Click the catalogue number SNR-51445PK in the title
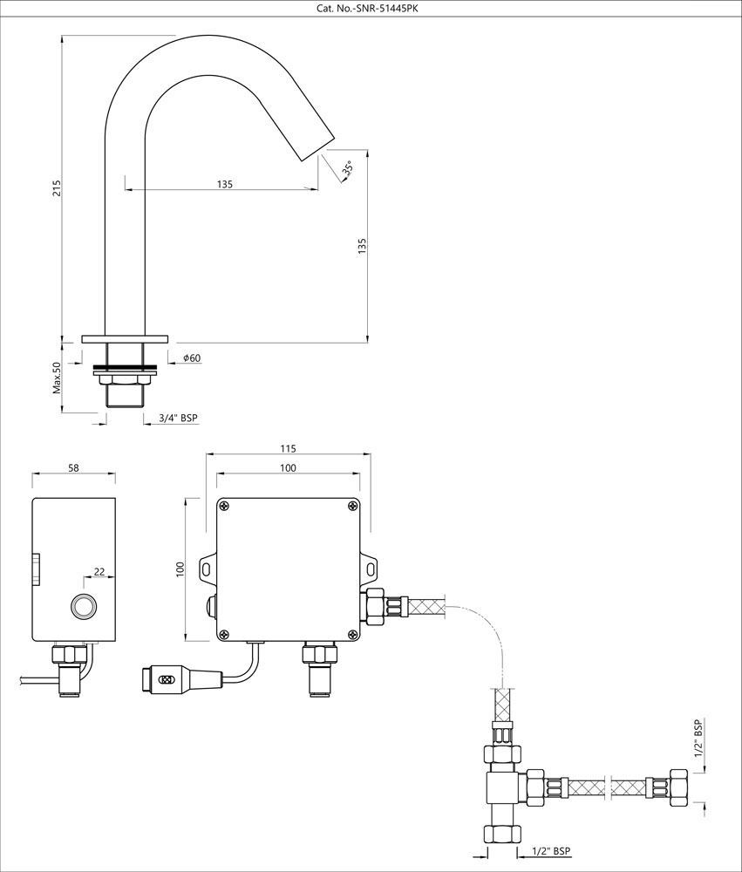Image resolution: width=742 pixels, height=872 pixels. pyautogui.click(x=371, y=10)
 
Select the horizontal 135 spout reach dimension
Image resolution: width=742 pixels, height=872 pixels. pyautogui.click(x=224, y=184)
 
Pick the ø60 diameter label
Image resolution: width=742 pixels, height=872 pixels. pyautogui.click(x=192, y=358)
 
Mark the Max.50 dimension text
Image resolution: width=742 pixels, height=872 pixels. pyautogui.click(x=58, y=377)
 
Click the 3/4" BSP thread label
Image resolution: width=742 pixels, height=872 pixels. pyautogui.click(x=178, y=419)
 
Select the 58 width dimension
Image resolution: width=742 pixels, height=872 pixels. pyautogui.click(x=73, y=468)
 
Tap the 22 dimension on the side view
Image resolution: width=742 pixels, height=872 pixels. pyautogui.click(x=99, y=572)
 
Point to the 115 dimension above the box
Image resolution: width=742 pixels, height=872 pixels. pyautogui.click(x=289, y=449)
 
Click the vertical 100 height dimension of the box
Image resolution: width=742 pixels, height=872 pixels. pyautogui.click(x=180, y=569)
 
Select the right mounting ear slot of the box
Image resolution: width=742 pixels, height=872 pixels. pyautogui.click(x=371, y=569)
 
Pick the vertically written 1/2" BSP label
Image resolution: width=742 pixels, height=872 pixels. pyautogui.click(x=698, y=739)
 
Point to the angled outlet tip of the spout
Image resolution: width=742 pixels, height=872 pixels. pyautogui.click(x=317, y=145)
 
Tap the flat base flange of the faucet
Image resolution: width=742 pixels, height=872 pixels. pyautogui.click(x=125, y=337)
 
